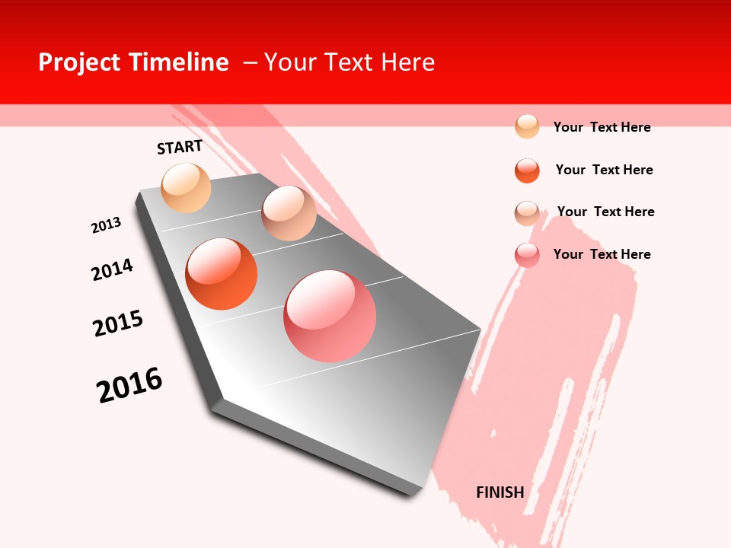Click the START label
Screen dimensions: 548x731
click(180, 147)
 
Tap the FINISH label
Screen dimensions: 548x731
click(500, 492)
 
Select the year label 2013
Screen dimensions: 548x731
click(106, 225)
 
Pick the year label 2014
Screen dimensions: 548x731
click(113, 269)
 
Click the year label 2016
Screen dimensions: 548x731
click(129, 385)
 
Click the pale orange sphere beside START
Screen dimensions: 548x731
click(186, 187)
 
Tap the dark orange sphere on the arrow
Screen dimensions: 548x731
click(221, 274)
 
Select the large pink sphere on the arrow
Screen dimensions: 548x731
click(330, 316)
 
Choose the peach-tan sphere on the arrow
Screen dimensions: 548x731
click(289, 213)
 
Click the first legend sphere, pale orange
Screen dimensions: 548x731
click(527, 126)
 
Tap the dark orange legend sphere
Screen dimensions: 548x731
click(527, 170)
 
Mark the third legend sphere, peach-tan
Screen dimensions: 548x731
click(527, 213)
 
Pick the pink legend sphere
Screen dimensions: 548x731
click(527, 255)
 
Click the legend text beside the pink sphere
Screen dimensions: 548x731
click(602, 254)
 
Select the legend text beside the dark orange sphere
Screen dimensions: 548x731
click(604, 170)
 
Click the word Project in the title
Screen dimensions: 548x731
click(79, 62)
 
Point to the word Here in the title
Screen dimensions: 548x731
click(407, 62)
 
